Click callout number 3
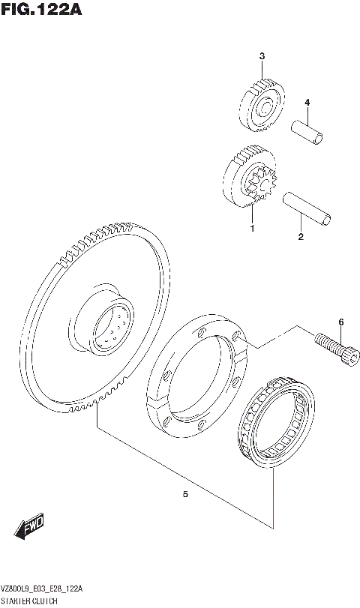point(262,56)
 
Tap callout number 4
point(306,103)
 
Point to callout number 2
point(301,238)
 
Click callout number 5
point(184,494)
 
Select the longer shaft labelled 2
point(307,208)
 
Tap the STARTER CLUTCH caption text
point(31,602)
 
